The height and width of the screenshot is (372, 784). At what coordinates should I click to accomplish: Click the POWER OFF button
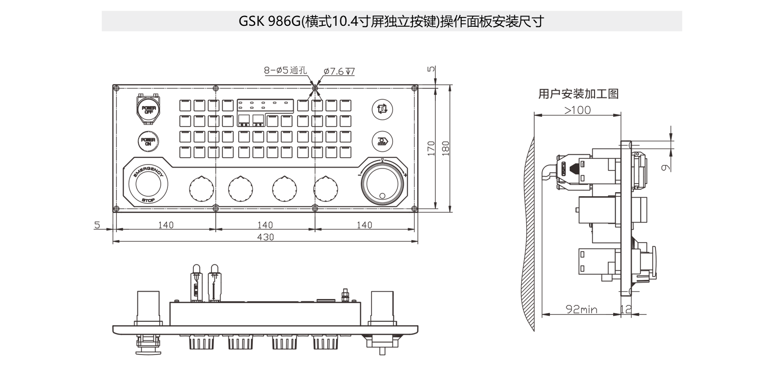(149, 110)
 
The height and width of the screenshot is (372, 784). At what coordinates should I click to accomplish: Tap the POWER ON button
(148, 141)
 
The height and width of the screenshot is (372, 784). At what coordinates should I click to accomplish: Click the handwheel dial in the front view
(382, 185)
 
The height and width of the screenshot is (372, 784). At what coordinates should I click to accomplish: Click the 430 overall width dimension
(265, 237)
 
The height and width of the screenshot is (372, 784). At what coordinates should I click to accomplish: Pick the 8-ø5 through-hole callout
(285, 71)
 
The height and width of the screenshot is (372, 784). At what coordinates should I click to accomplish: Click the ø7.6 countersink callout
(339, 72)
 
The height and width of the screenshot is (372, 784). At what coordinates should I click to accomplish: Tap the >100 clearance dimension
(578, 110)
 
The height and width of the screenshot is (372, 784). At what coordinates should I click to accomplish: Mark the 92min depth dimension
(581, 309)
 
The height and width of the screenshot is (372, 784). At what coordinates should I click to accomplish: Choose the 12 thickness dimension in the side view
(626, 309)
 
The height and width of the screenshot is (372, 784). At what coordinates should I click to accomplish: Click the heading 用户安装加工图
(578, 94)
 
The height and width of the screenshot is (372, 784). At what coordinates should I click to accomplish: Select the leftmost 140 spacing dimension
(166, 225)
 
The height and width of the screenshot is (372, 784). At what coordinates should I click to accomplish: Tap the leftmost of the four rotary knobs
(201, 189)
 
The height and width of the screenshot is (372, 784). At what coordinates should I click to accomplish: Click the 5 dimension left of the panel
(97, 225)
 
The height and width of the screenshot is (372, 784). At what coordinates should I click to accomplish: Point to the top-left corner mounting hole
(116, 88)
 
